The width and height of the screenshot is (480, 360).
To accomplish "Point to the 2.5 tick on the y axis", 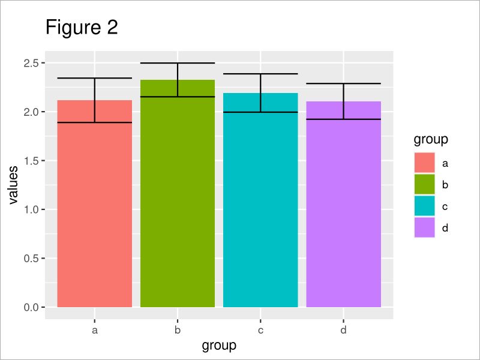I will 32,63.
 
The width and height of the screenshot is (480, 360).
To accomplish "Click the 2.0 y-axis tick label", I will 32,112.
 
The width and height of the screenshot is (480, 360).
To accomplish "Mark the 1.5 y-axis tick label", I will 32,161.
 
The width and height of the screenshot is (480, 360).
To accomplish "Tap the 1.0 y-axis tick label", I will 32,209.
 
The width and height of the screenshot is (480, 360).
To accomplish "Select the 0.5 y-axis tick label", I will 32,259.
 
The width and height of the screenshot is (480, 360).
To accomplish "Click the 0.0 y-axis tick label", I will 32,307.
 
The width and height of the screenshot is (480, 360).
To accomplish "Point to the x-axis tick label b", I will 178,330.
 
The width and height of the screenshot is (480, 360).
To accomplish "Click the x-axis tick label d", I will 343,330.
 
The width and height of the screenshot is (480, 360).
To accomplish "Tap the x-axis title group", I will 219,346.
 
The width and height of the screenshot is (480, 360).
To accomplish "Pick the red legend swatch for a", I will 424,163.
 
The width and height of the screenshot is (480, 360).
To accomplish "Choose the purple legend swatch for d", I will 424,227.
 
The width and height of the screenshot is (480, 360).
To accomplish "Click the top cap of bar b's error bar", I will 178,63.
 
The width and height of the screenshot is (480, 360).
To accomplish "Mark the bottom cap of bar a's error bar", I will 95,122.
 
